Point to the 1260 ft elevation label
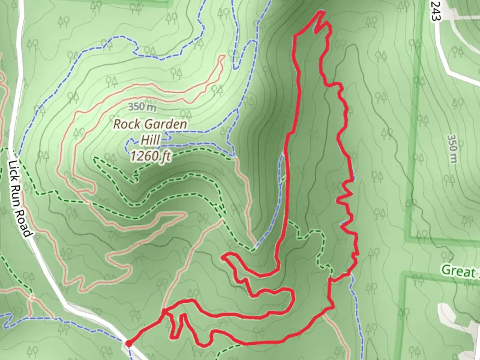151,155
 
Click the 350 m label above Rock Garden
142,107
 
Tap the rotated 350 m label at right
452,149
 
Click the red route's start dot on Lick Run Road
128,343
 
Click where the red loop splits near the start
165,312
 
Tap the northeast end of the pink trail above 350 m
223,57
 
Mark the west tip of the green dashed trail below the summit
94,158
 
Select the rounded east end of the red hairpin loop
293,297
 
